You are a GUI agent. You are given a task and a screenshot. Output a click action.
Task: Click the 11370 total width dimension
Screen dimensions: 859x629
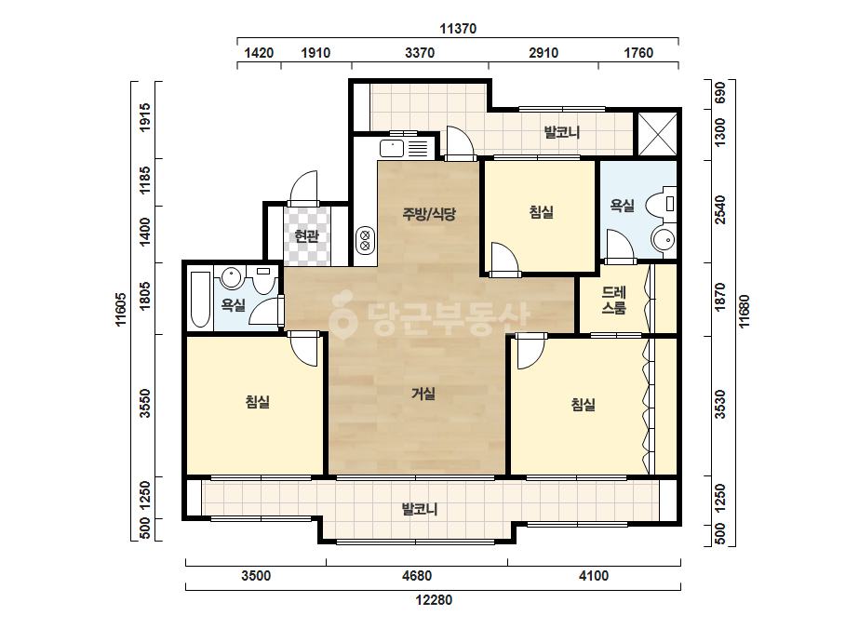coord(458,29)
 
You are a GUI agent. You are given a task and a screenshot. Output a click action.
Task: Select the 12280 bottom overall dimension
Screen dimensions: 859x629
coord(434,600)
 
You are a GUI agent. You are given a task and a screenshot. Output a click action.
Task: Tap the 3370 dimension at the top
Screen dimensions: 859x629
coord(420,53)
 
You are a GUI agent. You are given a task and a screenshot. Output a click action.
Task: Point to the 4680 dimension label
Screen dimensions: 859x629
coord(417,576)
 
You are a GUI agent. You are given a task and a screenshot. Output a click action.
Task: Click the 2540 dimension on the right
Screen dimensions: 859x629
coord(719,210)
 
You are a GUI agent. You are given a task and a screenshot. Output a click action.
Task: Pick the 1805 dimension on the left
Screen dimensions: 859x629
coord(144,296)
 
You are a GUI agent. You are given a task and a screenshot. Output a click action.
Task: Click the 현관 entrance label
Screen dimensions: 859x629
coord(306,236)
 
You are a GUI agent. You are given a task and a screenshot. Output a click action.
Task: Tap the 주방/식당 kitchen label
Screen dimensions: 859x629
coord(429,214)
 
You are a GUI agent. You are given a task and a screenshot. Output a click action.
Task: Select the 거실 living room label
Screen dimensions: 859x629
coord(423,394)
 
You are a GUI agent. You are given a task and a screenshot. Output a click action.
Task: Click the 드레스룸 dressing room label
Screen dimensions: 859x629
coord(613,300)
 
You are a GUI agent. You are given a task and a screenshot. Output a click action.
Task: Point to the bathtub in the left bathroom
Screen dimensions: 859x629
coord(200,300)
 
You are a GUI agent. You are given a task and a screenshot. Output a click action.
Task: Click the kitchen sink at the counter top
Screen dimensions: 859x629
coord(392,149)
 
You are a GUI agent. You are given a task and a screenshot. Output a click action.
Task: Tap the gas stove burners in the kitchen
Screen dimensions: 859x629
coord(366,241)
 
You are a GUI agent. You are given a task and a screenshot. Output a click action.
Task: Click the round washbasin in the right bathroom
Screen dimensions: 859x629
coord(664,240)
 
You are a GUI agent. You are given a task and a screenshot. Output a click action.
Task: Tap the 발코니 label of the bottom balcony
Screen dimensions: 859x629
coord(420,510)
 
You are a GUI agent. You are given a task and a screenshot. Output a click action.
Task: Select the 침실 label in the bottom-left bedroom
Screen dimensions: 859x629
coord(258,402)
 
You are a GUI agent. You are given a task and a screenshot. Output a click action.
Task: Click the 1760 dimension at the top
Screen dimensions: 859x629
coord(638,53)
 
